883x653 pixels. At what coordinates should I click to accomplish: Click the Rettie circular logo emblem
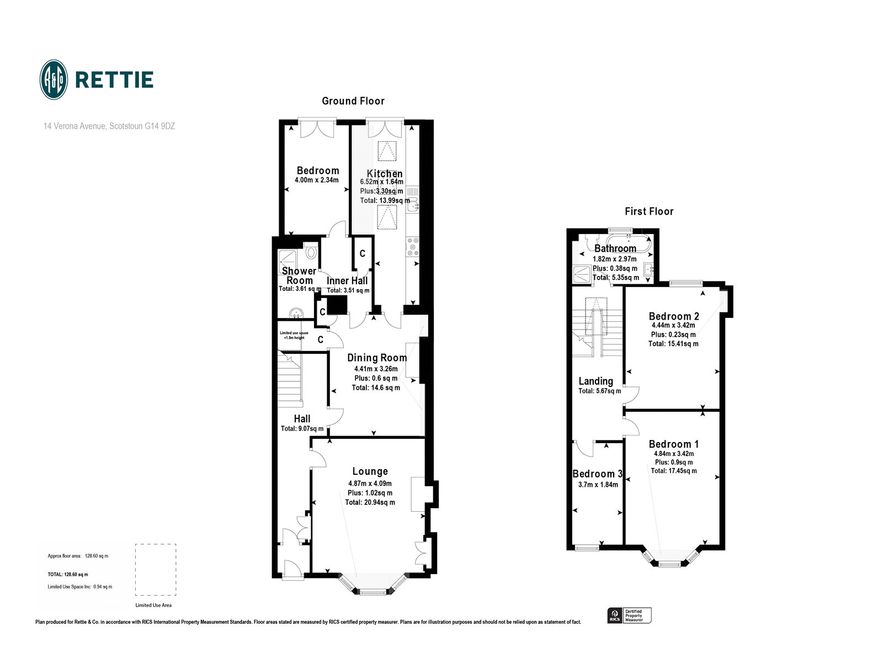click(x=54, y=79)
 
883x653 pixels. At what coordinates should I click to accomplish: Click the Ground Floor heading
click(x=353, y=101)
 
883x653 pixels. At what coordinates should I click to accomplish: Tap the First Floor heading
click(x=649, y=211)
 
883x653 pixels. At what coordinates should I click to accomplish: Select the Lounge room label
click(x=370, y=471)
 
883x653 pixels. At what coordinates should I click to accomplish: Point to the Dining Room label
click(x=377, y=358)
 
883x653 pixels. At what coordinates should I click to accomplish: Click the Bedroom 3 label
click(x=597, y=474)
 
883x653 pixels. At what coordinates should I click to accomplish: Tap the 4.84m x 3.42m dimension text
click(x=673, y=454)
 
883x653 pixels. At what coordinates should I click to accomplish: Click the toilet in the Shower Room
click(x=311, y=253)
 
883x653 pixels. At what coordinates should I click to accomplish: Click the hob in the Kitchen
click(x=412, y=247)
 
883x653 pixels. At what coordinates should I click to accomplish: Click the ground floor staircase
click(x=289, y=380)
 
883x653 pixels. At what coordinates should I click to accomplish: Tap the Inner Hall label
click(x=347, y=280)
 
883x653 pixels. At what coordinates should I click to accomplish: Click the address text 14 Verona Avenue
click(x=109, y=126)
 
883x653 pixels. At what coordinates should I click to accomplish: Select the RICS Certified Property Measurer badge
click(x=629, y=615)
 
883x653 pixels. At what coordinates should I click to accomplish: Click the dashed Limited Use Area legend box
click(x=156, y=570)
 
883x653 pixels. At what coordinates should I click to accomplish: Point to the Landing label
click(x=595, y=381)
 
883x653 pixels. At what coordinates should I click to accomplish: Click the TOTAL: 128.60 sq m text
click(x=68, y=575)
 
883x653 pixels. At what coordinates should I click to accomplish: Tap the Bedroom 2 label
click(x=673, y=316)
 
